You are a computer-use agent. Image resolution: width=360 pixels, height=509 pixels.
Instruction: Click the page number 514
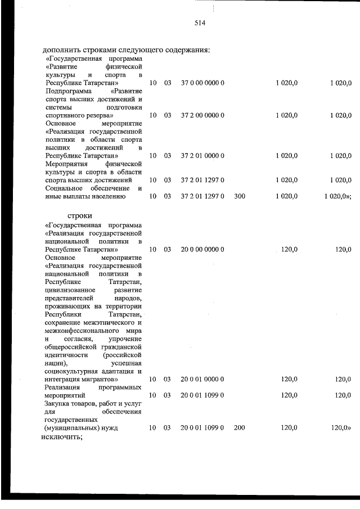(200, 24)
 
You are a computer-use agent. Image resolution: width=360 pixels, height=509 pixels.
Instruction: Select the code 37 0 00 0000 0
(202, 83)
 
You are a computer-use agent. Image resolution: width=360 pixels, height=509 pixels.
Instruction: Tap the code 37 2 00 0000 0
(202, 115)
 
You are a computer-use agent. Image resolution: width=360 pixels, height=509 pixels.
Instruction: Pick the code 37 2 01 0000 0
(202, 155)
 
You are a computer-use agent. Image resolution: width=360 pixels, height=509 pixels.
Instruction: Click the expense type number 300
(239, 196)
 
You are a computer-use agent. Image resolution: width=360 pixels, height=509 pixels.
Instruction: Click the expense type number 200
(239, 428)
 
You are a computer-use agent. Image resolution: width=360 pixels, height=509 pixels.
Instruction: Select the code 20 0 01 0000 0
(202, 380)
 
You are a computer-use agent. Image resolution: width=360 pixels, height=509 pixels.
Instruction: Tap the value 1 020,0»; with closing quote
(338, 196)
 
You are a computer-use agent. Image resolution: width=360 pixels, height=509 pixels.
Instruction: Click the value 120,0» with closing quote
(341, 428)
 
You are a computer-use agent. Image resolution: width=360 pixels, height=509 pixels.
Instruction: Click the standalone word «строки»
(79, 215)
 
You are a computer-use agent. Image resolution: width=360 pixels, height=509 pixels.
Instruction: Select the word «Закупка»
(58, 404)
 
